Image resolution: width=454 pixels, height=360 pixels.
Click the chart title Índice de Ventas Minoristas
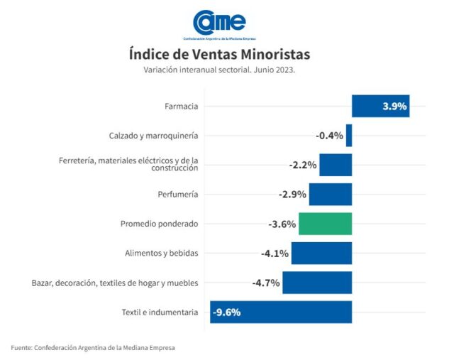pos(219,54)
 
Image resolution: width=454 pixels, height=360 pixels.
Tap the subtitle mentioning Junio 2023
pos(219,70)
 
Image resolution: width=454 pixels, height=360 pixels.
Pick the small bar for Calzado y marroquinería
pos(349,135)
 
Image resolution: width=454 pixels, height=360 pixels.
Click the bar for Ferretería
pos(336,165)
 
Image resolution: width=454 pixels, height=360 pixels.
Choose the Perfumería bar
pos(331,194)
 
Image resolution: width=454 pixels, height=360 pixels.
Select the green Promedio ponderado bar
pos(325,224)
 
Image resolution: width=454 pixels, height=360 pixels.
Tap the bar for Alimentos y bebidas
pos(321,253)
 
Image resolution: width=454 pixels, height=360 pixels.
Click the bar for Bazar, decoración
pos(317,283)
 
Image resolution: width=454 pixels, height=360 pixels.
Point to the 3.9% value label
pos(394,107)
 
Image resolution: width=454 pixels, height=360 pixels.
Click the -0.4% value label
pos(329,136)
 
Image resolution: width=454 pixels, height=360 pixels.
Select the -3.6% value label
pos(282,224)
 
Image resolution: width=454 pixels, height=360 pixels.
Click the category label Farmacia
pos(180,107)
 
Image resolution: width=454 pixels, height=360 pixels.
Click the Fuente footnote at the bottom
pos(92,347)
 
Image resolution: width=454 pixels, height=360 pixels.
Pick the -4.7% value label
pos(266,283)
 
